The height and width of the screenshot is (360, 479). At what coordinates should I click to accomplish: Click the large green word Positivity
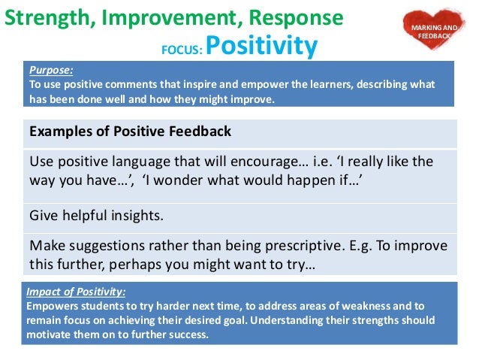[261, 46]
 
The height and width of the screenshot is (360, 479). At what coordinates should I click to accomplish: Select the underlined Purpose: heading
[51, 71]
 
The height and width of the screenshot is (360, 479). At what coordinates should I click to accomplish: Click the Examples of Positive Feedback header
[129, 132]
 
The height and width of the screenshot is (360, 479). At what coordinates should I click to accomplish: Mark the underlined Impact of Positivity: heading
[76, 292]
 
